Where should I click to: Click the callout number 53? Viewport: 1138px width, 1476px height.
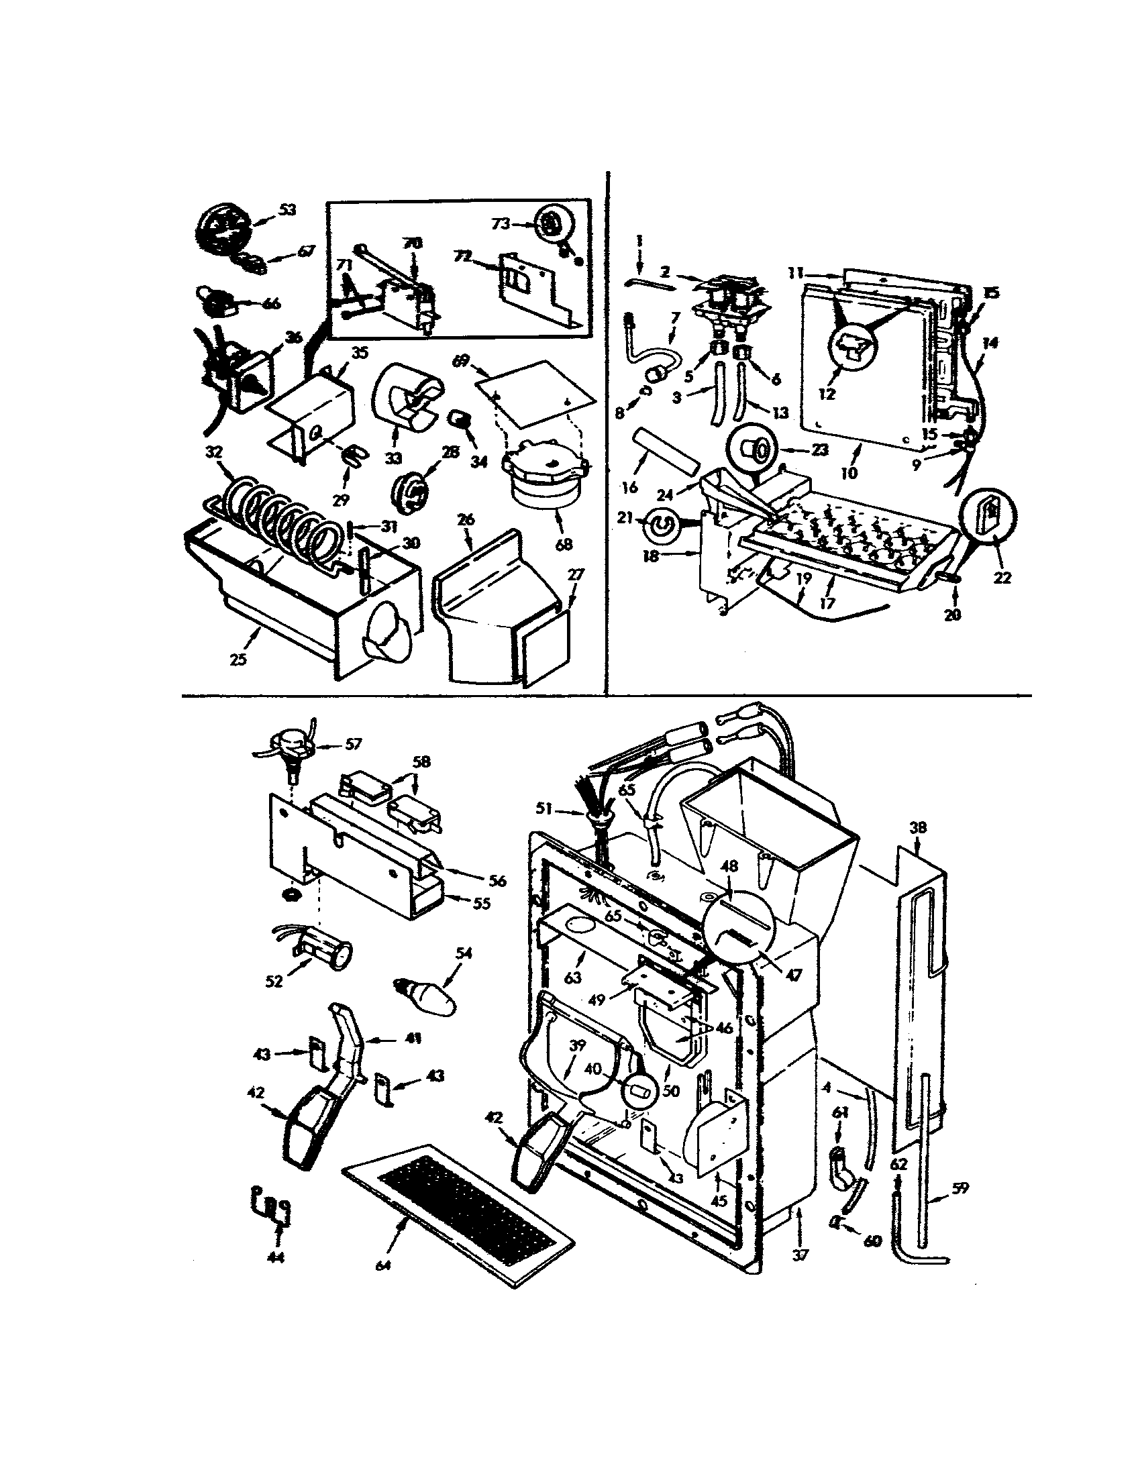point(287,210)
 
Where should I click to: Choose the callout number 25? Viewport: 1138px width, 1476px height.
point(238,659)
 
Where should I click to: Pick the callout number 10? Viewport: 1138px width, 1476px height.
point(849,472)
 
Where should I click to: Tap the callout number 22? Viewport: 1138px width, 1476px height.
point(1002,578)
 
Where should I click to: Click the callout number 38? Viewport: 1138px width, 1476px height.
point(919,828)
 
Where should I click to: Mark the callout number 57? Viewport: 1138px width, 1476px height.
point(353,744)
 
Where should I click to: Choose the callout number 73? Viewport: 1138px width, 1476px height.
point(500,224)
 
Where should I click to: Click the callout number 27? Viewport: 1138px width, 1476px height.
point(576,575)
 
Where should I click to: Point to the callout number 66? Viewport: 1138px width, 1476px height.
point(272,303)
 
